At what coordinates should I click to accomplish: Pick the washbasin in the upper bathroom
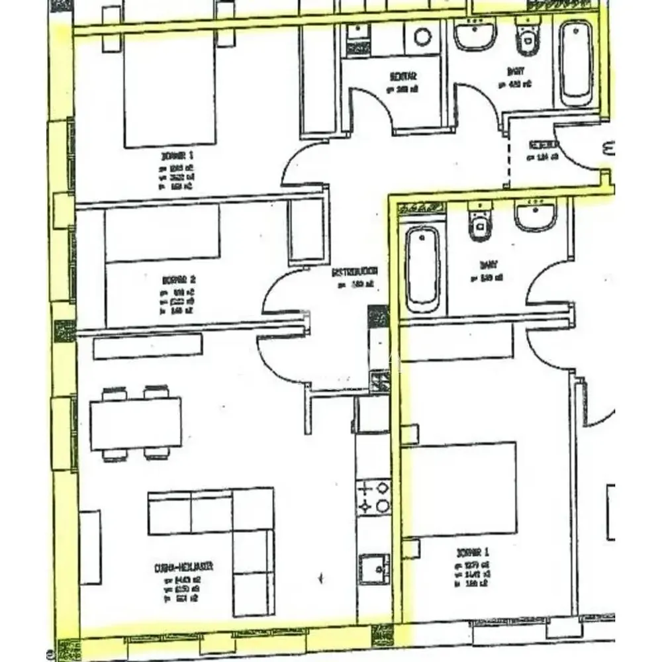pos(475,33)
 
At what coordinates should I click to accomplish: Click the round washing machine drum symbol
pos(422,36)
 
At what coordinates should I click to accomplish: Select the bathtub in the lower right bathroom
pos(423,269)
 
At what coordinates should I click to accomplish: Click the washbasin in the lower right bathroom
pos(536,216)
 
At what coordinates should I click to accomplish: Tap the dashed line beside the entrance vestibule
pos(508,156)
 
